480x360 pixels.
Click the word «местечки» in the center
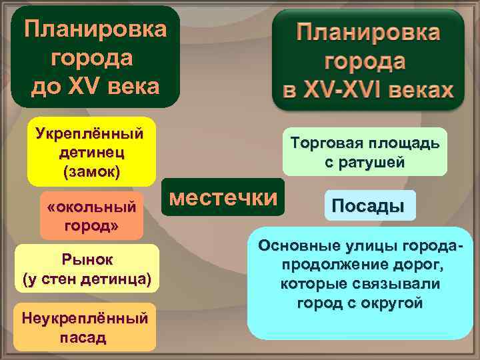[x=223, y=197]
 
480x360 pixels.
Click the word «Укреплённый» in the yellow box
[x=90, y=133]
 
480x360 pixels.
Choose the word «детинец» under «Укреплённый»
[x=90, y=153]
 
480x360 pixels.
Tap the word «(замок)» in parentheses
[x=91, y=172]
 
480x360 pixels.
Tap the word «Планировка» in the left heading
[x=95, y=29]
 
